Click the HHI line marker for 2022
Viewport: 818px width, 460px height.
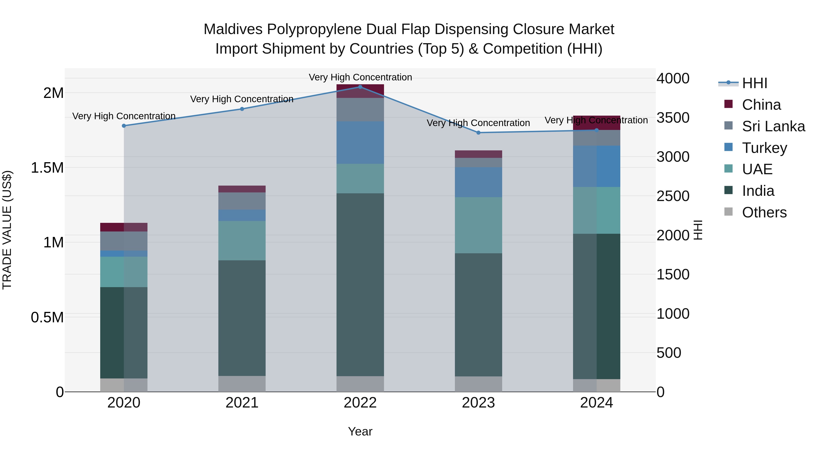[360, 87]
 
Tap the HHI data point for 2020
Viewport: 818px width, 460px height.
[124, 126]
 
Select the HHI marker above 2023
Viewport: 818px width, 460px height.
[479, 133]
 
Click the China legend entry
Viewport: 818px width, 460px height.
[761, 105]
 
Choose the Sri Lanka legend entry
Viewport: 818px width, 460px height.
[773, 126]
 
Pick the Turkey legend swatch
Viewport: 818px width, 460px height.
[728, 147]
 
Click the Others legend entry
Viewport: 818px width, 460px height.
[764, 212]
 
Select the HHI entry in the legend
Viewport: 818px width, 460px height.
[754, 83]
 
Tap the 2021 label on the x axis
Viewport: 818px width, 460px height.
[242, 403]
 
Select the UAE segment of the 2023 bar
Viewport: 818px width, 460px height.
[479, 225]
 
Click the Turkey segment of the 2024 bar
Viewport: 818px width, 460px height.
[597, 166]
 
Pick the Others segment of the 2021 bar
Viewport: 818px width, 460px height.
[242, 384]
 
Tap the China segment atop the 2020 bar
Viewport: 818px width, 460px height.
[124, 227]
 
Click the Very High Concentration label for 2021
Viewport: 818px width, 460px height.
[242, 99]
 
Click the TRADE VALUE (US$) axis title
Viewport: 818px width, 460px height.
[7, 230]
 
